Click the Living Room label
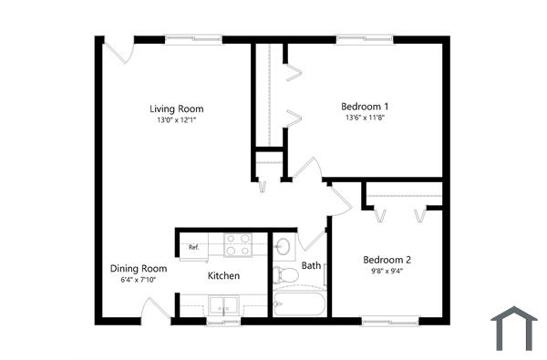pyautogui.click(x=176, y=109)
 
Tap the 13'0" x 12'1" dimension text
pyautogui.click(x=176, y=119)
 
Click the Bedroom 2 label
pyautogui.click(x=387, y=258)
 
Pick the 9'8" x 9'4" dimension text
pyautogui.click(x=387, y=270)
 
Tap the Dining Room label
pyautogui.click(x=139, y=269)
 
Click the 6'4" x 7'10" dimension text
pyautogui.click(x=139, y=280)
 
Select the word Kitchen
pyautogui.click(x=223, y=275)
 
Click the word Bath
pyautogui.click(x=311, y=266)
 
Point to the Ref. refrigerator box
pyautogui.click(x=194, y=246)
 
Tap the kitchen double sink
pyautogui.click(x=223, y=305)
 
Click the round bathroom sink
pyautogui.click(x=284, y=246)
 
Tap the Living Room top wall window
pyautogui.click(x=193, y=38)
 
